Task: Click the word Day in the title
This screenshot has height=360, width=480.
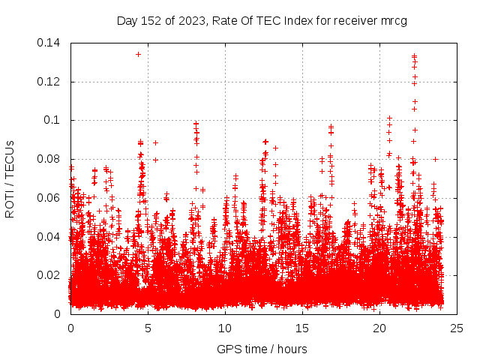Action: pyautogui.click(x=127, y=21)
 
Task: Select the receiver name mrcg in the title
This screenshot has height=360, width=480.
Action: pyautogui.click(x=393, y=21)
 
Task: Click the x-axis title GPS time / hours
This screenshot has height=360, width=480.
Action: pyautogui.click(x=262, y=349)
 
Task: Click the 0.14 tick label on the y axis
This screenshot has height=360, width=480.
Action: pyautogui.click(x=49, y=43)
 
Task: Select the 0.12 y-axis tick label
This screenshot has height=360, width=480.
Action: pyautogui.click(x=49, y=82)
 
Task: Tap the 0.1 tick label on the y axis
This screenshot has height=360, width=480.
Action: pyautogui.click(x=53, y=120)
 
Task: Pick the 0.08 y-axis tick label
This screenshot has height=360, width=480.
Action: pyautogui.click(x=49, y=159)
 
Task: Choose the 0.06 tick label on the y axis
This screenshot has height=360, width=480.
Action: pyautogui.click(x=49, y=198)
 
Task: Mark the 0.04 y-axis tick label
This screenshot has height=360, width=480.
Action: pyautogui.click(x=49, y=236)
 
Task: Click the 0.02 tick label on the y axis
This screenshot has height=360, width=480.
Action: pyautogui.click(x=49, y=275)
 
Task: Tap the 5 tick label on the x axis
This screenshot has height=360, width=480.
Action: pyautogui.click(x=148, y=328)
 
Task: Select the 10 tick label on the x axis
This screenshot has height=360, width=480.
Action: pyautogui.click(x=225, y=328)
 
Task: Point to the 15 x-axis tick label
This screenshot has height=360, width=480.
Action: pyautogui.click(x=302, y=328)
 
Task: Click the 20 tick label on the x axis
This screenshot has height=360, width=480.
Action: pyautogui.click(x=379, y=328)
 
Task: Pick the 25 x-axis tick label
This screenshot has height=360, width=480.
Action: pyautogui.click(x=457, y=328)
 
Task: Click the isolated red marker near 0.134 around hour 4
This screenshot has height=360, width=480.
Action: pyautogui.click(x=138, y=54)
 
